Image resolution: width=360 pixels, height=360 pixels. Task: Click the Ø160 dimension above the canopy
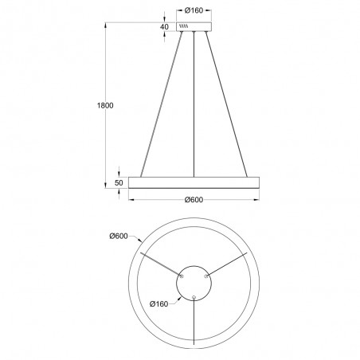(x=194, y=10)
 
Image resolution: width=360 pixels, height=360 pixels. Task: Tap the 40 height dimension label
(x=164, y=27)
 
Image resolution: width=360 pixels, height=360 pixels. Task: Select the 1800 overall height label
(x=105, y=105)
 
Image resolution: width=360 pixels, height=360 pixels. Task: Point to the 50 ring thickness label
(x=119, y=183)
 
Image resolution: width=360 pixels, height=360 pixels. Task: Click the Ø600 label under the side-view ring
(x=194, y=200)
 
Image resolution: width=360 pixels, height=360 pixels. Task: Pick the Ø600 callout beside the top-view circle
(x=119, y=236)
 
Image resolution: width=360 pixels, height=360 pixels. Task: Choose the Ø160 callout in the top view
(x=158, y=304)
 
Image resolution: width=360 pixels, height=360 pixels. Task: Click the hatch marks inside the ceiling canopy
(x=184, y=26)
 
